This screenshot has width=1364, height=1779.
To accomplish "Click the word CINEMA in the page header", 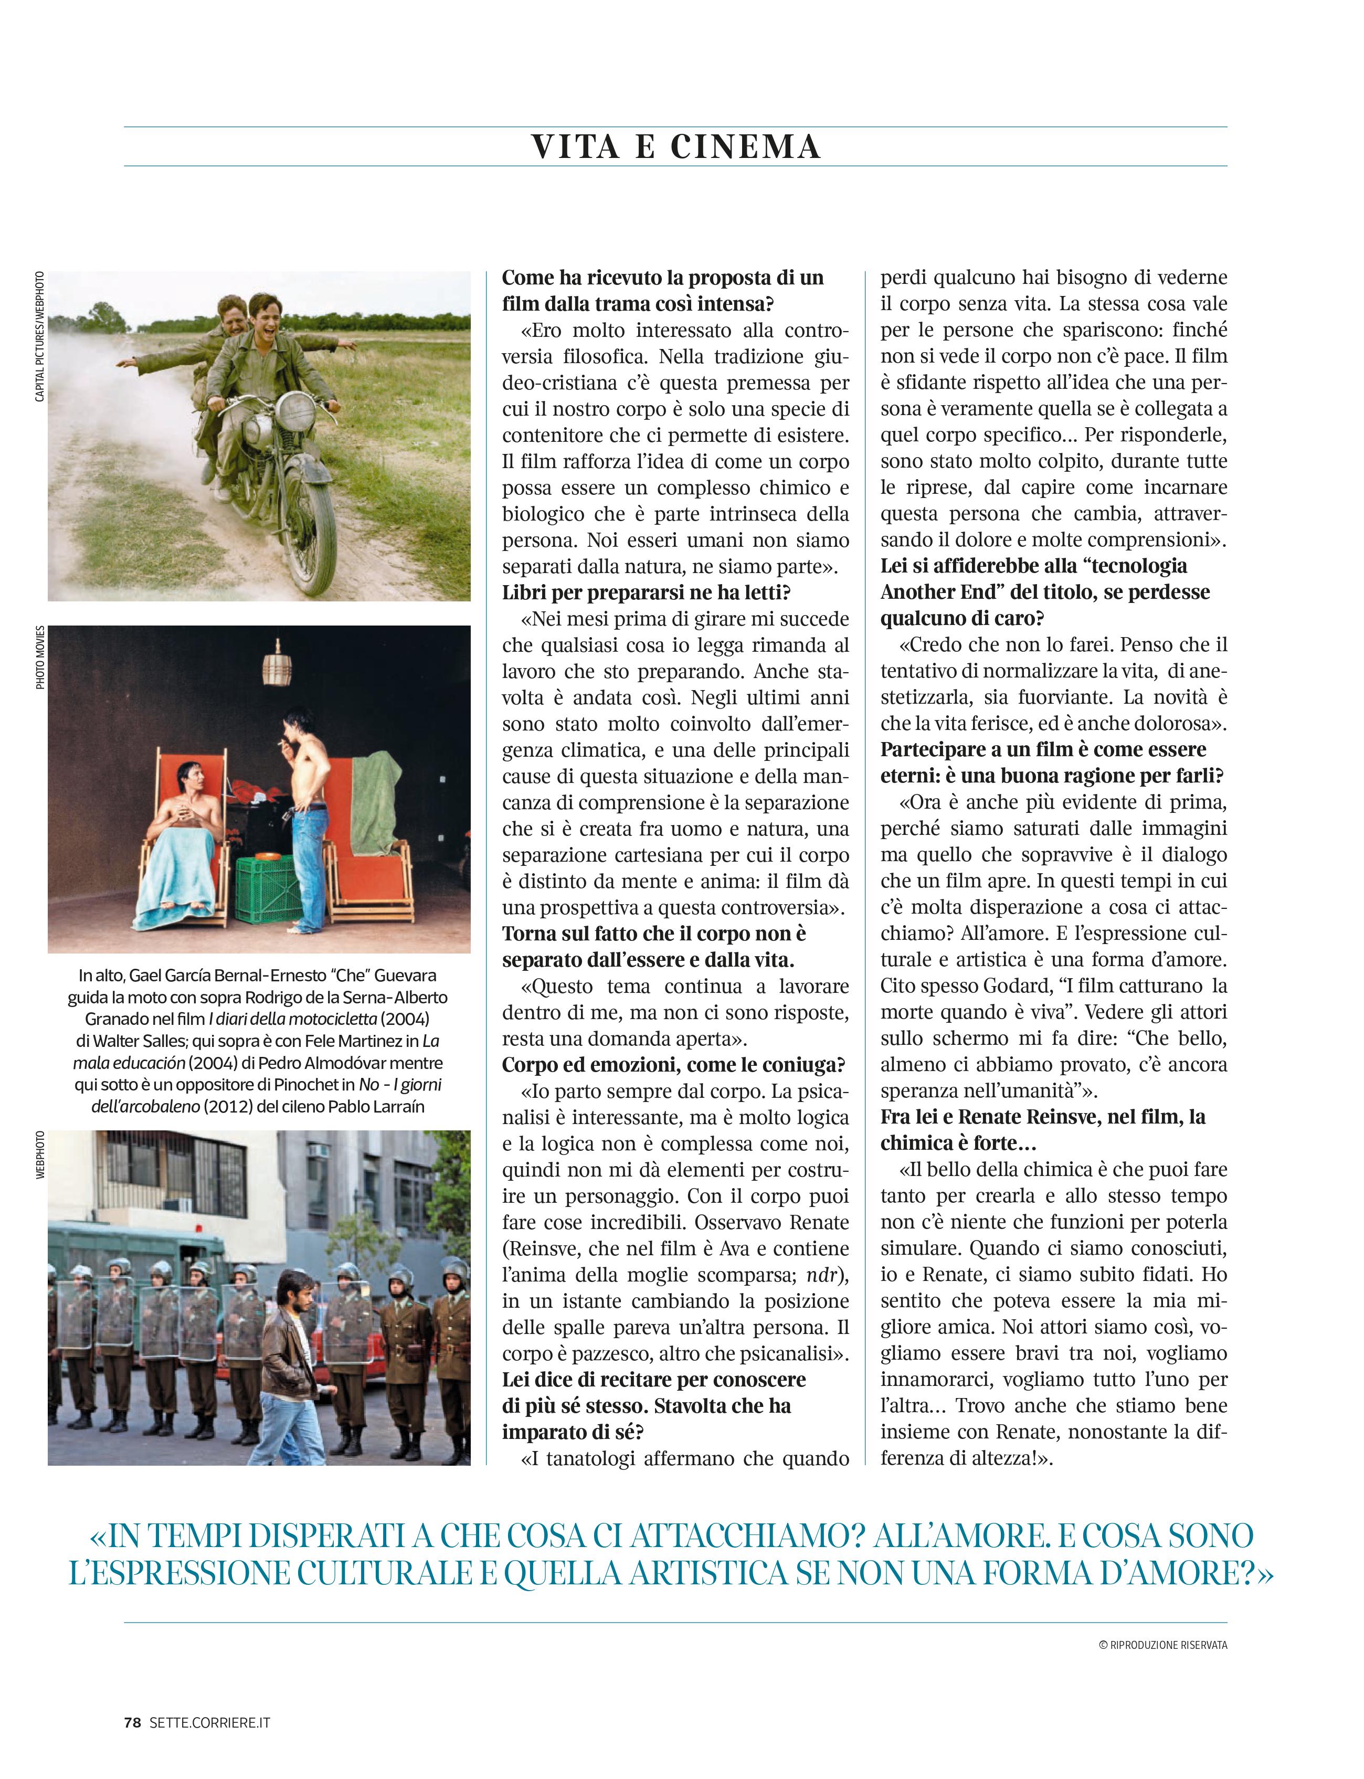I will click(x=745, y=147).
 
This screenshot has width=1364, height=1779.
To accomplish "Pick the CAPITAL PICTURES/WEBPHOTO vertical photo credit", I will click(x=39, y=336).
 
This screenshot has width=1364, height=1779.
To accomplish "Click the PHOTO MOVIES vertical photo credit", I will click(x=39, y=658).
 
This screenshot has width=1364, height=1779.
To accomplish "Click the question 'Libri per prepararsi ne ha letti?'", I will click(x=646, y=592).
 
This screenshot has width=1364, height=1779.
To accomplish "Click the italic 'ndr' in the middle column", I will click(x=821, y=1275).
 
